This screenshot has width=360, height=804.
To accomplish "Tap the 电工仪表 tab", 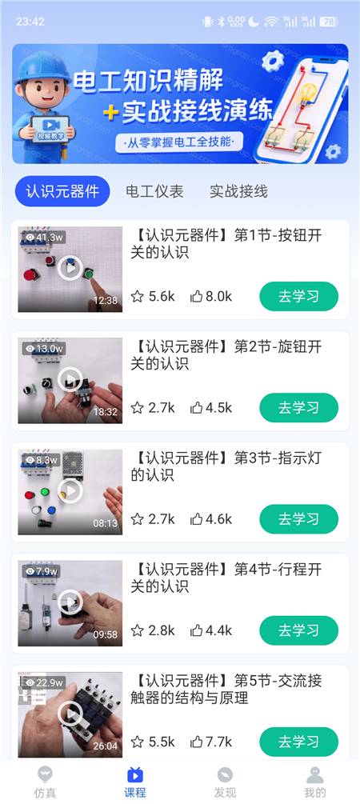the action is (x=154, y=192).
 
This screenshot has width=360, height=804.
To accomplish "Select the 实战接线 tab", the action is (x=238, y=192).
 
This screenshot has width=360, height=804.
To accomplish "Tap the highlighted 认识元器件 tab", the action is (x=62, y=191).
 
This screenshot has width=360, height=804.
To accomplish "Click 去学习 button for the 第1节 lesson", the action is (x=299, y=296).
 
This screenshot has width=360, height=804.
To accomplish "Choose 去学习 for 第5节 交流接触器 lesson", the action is (x=299, y=742).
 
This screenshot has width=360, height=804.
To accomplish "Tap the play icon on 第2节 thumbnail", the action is (x=70, y=380).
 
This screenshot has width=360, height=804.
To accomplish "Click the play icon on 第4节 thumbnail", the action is (x=70, y=602).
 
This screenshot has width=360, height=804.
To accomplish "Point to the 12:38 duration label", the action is (x=105, y=301).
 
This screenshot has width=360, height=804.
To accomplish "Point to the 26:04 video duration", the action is (x=105, y=746).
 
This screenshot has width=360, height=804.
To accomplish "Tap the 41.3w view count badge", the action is (x=44, y=238).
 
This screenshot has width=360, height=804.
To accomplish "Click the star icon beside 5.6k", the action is (x=137, y=296).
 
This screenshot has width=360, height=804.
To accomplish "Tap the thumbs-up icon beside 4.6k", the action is (x=197, y=519).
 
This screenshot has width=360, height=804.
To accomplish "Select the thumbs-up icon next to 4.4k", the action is (x=197, y=630).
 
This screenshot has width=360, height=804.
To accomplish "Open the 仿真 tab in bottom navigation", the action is (x=45, y=782).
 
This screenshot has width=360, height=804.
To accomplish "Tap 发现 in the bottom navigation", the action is (x=225, y=782).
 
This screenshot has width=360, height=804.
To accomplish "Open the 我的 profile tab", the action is (x=315, y=782).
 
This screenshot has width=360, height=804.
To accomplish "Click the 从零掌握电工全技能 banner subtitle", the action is (x=179, y=142).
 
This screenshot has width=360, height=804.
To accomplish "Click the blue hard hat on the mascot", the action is (x=42, y=66).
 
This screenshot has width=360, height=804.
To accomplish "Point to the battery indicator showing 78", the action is (x=329, y=22).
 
